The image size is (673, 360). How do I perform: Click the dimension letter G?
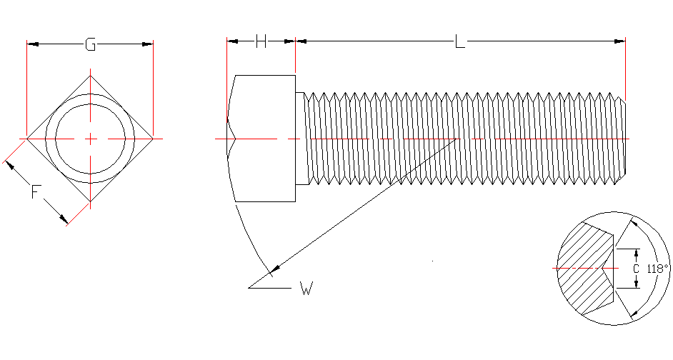coord(90,44)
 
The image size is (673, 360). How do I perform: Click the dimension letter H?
coord(261,41)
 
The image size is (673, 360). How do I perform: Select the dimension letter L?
coord(459,42)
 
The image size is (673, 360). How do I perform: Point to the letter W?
coord(306,289)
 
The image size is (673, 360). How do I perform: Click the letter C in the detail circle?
coord(635,269)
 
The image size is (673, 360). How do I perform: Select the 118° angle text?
coord(657,269)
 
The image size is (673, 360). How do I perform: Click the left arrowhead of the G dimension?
coord(32,44)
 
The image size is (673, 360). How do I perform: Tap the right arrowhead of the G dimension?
coord(148,44)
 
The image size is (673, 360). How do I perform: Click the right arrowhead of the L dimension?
coord(620,41)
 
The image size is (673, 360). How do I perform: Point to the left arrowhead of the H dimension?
coord(231,41)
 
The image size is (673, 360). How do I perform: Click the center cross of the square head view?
coord(90,138)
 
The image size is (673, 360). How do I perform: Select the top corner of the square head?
coord(90,75)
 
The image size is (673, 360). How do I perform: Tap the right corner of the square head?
coord(153,138)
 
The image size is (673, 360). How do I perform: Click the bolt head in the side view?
coord(264,138)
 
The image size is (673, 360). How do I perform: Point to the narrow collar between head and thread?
coord(301,138)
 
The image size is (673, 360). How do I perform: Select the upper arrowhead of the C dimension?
coord(635,253)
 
